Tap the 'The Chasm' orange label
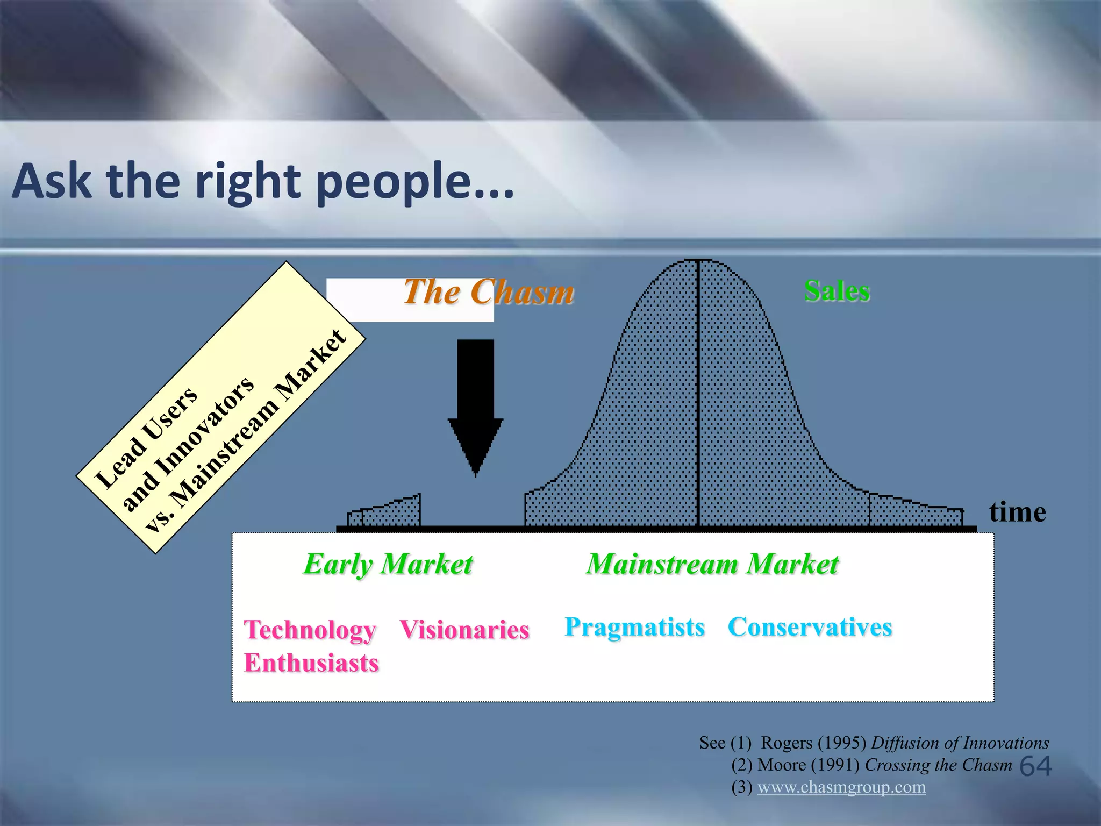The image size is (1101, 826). point(488,292)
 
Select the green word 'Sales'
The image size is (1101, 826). point(837,291)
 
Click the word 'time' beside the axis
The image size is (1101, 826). point(1017,512)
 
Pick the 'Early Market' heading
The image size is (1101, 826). point(388,564)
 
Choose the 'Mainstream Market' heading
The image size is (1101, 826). point(712,564)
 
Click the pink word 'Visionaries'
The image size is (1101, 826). point(464,630)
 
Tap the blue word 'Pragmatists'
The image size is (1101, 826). point(634,627)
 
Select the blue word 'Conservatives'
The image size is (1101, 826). point(810,627)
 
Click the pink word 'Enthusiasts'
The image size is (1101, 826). point(311,663)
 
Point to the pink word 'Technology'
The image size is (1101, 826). point(310,630)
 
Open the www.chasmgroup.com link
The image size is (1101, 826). point(841,787)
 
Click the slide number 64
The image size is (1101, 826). point(1035,766)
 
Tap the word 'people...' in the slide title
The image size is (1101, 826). point(414,182)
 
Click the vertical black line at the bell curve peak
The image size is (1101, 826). point(698,393)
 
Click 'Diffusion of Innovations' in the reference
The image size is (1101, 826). point(960,743)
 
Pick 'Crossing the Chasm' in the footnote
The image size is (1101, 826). point(938,765)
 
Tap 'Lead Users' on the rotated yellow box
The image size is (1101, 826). point(146,437)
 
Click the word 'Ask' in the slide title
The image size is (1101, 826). point(51,181)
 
